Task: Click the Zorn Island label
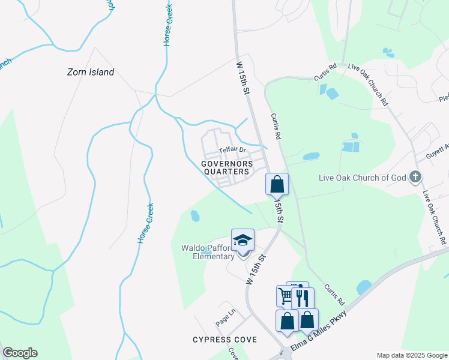pyautogui.click(x=90, y=72)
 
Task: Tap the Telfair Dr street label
pyautogui.click(x=232, y=149)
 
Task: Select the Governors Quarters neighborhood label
pyautogui.click(x=225, y=167)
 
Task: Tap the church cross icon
pyautogui.click(x=415, y=177)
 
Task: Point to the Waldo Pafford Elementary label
pyautogui.click(x=208, y=252)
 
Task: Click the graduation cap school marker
pyautogui.click(x=243, y=241)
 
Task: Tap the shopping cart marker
pyautogui.click(x=285, y=295)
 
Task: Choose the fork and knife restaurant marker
pyautogui.click(x=303, y=298)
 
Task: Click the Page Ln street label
pyautogui.click(x=226, y=314)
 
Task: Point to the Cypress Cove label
pyautogui.click(x=224, y=340)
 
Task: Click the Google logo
pyautogui.click(x=20, y=353)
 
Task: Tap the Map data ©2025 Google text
pyautogui.click(x=412, y=355)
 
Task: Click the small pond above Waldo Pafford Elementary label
pyautogui.click(x=194, y=215)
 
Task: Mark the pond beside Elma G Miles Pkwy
pyautogui.click(x=364, y=287)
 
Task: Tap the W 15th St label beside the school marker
pyautogui.click(x=256, y=269)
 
